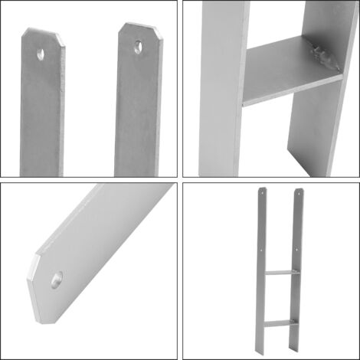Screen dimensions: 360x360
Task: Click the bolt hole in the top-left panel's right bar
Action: pyautogui.click(x=138, y=47)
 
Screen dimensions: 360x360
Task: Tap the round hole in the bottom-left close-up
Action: pyautogui.click(x=57, y=280)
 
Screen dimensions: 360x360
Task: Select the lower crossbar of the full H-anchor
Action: pyautogui.click(x=280, y=323)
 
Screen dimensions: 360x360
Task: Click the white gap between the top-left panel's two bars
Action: pyautogui.click(x=90, y=100)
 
